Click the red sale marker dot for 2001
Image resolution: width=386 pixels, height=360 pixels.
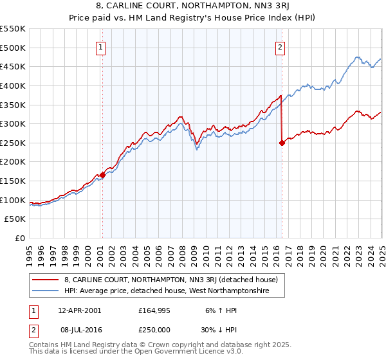click(102, 175)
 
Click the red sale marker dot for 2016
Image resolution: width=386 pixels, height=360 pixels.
click(282, 143)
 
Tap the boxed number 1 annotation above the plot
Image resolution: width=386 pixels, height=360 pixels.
click(102, 46)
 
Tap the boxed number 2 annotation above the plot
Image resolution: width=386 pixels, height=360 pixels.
click(281, 46)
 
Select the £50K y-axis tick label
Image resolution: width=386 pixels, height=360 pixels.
click(15, 219)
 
